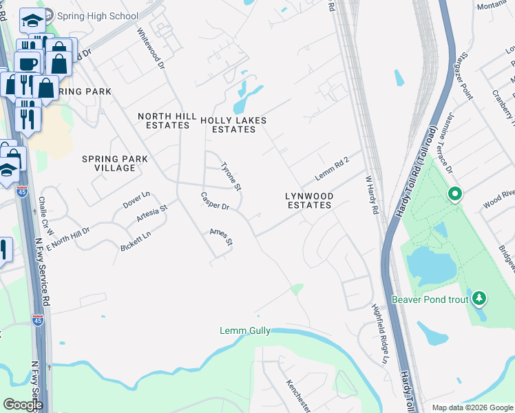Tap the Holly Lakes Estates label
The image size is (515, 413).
click(x=233, y=125)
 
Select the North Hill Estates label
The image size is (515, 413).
click(x=163, y=120)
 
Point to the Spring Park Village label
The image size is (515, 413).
click(x=114, y=163)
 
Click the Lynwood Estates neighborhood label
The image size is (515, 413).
click(x=309, y=200)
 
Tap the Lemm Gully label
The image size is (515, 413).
click(x=244, y=331)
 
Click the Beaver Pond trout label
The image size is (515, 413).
click(x=430, y=299)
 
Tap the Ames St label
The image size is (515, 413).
click(x=222, y=237)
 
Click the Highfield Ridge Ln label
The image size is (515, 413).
click(x=381, y=334)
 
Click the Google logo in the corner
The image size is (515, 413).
click(x=23, y=405)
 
